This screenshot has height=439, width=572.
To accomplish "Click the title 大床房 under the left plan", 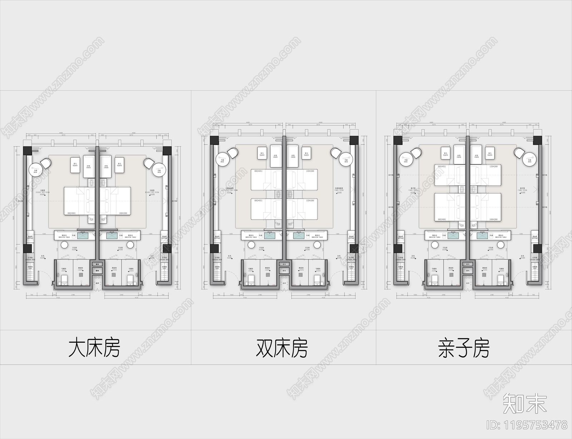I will click(94, 348).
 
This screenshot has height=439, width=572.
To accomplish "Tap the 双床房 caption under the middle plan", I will click(282, 348).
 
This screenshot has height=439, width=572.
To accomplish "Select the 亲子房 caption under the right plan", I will click(464, 348).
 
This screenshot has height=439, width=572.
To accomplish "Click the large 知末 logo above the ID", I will click(524, 403).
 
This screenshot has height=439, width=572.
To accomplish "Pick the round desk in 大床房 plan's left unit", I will click(35, 171).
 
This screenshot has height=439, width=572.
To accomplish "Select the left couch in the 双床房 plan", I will click(275, 156).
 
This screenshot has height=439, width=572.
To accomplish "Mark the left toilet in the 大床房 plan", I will click(65, 279).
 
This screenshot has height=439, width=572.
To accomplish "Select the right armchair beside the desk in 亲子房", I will click(518, 152).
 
